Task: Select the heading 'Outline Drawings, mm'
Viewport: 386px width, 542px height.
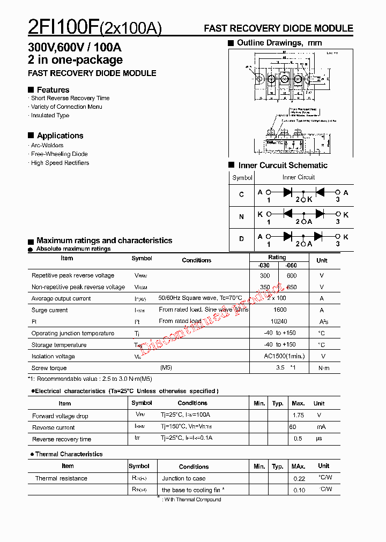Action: (x=279, y=43)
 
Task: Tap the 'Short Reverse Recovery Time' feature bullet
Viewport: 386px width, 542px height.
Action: (x=70, y=98)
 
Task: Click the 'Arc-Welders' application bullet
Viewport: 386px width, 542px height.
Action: (x=47, y=145)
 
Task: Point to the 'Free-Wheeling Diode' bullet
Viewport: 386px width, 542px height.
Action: (x=59, y=154)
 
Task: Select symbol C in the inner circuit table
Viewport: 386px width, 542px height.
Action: (x=242, y=194)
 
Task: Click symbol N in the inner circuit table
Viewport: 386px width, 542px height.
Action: (x=242, y=217)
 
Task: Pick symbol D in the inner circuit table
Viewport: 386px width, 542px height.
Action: (x=242, y=239)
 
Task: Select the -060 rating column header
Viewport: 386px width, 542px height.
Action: (x=291, y=266)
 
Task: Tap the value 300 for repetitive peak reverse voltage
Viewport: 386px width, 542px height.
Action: (x=265, y=275)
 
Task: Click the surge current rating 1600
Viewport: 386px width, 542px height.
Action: (x=280, y=310)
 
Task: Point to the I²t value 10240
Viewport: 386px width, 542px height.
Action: (x=280, y=321)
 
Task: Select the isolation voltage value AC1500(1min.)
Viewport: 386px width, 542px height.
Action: (x=284, y=356)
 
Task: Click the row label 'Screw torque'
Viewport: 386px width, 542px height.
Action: (x=49, y=368)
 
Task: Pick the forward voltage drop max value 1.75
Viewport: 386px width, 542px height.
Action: (x=299, y=415)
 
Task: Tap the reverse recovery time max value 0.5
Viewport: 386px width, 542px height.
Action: (x=298, y=439)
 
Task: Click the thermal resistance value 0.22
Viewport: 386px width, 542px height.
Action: (x=299, y=478)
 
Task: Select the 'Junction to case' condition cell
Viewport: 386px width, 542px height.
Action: (x=183, y=478)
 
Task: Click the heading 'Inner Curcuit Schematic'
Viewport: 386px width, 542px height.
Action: (x=283, y=165)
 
